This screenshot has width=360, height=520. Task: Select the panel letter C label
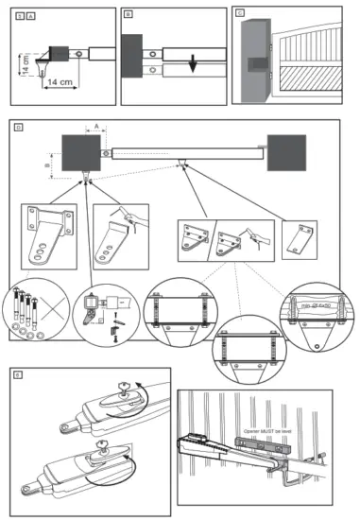pos(240,14)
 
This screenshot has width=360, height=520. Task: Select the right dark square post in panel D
pos(284,151)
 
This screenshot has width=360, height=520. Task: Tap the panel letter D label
pos(19,126)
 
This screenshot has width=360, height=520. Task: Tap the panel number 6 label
pos(18,375)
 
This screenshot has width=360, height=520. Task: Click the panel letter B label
pos(129,14)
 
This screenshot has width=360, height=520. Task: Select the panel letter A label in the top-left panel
pos(30,14)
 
